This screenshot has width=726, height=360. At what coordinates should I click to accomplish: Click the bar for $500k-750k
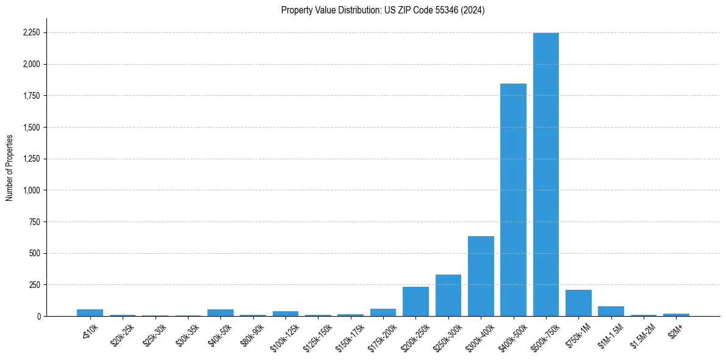545,175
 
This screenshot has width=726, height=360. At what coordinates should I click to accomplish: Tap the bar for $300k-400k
481,276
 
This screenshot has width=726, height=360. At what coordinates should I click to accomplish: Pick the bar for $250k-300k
448,295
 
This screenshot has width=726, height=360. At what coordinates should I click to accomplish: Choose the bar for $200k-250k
415,301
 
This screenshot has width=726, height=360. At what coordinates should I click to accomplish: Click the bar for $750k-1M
578,303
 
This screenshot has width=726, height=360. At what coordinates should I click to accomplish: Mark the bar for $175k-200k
383,312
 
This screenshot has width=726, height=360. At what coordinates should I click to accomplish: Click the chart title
383,10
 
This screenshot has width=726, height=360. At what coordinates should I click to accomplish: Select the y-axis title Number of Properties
10,167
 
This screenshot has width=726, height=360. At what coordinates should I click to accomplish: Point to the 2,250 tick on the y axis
31,33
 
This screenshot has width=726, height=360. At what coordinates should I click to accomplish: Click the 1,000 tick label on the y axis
31,190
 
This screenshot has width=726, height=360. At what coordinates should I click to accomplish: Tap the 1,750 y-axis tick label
31,96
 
